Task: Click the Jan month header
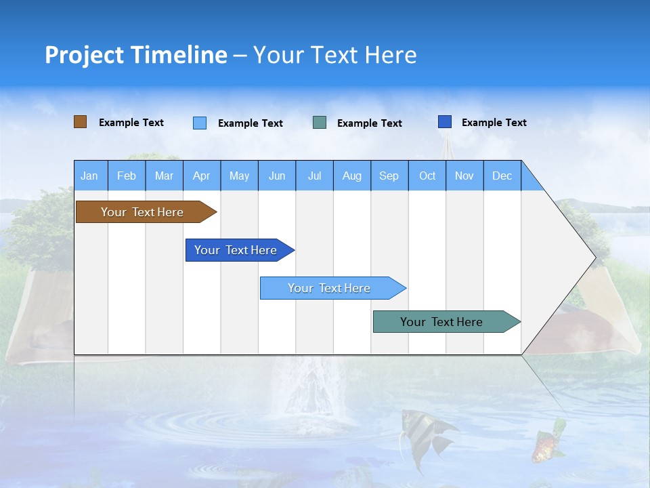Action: [89, 176]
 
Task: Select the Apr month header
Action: [201, 176]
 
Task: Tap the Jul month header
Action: [314, 176]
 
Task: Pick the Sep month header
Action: [389, 176]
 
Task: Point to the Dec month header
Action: [502, 176]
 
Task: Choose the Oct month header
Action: [427, 176]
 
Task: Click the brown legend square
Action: [80, 122]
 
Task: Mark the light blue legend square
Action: [200, 123]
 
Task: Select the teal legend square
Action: [320, 123]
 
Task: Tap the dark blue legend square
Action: [445, 122]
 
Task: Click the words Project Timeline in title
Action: [136, 55]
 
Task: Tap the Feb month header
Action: [127, 176]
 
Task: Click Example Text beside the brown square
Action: [131, 123]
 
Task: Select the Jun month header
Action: [277, 176]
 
